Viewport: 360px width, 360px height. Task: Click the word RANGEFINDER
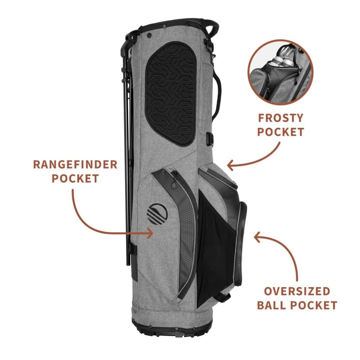pos(75,164)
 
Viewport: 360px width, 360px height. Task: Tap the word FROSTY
pos(281,118)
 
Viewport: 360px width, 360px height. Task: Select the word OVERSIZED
pos(297,291)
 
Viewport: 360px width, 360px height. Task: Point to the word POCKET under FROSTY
pos(281,132)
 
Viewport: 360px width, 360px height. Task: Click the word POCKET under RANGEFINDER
pos(75,178)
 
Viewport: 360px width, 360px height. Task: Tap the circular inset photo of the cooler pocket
pos(281,72)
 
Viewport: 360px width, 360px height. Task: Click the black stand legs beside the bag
pos(127,149)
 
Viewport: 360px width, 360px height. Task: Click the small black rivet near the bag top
pos(149,35)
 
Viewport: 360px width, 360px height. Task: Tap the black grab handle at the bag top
pos(211,28)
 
